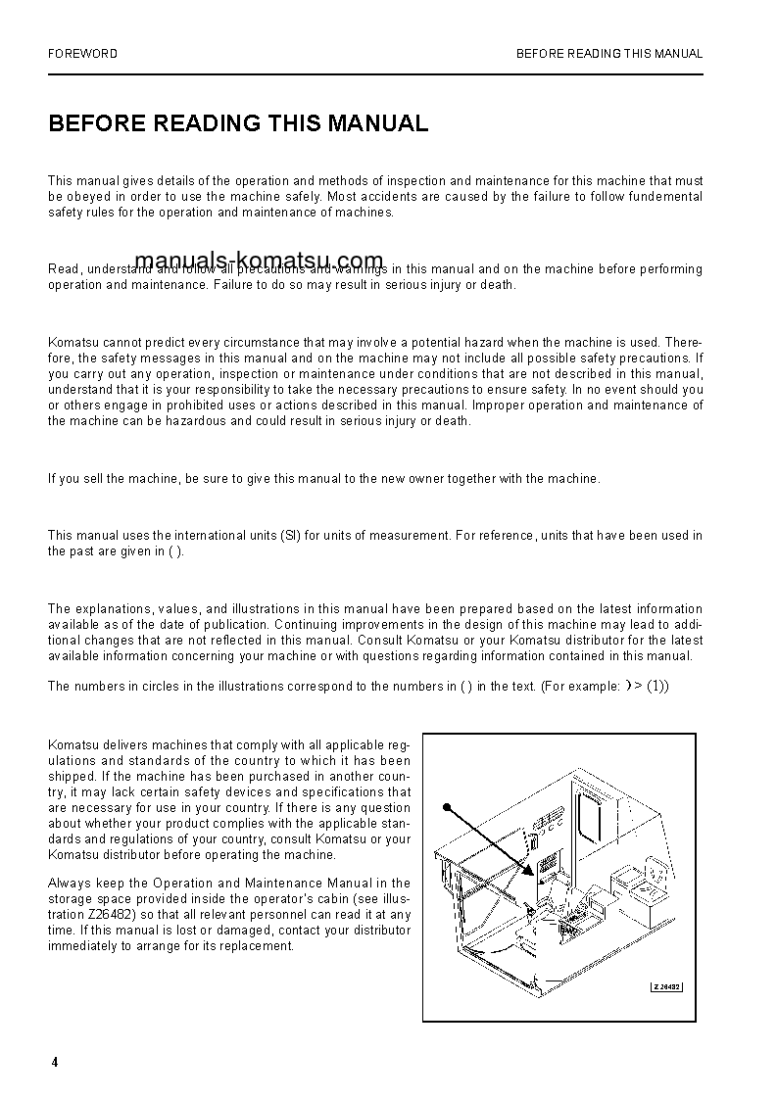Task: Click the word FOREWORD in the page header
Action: (x=83, y=54)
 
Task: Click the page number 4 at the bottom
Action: (x=55, y=1063)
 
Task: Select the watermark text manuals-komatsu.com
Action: (x=259, y=261)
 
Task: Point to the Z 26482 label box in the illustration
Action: (x=666, y=986)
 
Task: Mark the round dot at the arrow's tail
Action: (x=446, y=807)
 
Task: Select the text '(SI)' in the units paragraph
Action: (x=290, y=536)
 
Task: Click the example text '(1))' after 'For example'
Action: (x=657, y=687)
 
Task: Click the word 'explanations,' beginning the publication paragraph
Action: (x=113, y=609)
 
